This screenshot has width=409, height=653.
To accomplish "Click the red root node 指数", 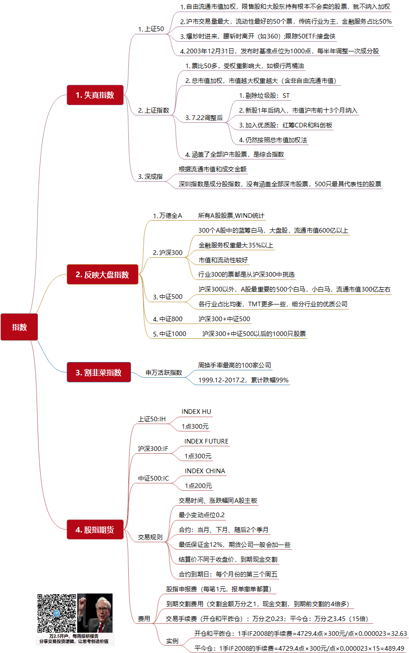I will (x=19, y=327).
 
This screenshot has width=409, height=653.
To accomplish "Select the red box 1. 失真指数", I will (x=95, y=95).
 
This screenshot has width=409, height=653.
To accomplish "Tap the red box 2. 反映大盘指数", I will (x=102, y=274).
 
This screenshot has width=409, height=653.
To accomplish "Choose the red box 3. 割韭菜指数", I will (x=99, y=372).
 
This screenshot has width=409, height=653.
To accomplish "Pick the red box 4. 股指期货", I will (x=95, y=529).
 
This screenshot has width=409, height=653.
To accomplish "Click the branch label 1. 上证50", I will (x=151, y=29).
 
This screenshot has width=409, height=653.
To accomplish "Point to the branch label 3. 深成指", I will (x=151, y=177).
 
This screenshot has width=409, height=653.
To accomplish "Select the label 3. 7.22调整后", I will (x=204, y=118).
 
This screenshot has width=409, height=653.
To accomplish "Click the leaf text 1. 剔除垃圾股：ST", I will (x=264, y=95).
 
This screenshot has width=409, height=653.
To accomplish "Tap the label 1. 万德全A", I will (x=167, y=216).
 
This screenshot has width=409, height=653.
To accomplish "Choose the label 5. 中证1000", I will (x=170, y=334).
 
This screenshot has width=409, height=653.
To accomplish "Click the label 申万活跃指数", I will (x=164, y=373).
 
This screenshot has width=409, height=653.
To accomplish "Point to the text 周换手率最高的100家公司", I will (x=235, y=365).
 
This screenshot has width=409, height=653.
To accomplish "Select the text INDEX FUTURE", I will (x=206, y=441).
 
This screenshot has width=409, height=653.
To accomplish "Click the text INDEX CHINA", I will (x=205, y=471).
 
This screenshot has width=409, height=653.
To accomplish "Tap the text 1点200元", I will (x=198, y=486).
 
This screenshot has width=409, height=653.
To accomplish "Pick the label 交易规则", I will (x=150, y=537).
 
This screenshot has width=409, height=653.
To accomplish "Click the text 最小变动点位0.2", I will (x=201, y=515).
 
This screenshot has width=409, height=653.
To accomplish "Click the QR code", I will (x=57, y=613).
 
